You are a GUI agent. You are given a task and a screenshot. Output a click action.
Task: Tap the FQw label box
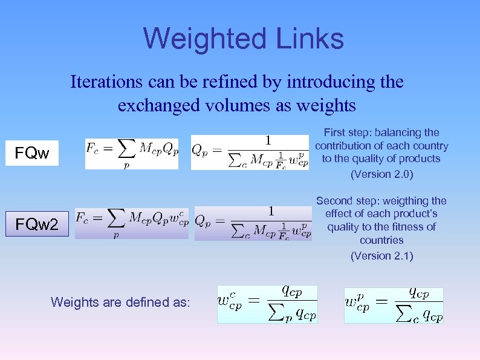(x=33, y=153)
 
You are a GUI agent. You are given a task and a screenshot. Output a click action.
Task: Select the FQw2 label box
(x=37, y=225)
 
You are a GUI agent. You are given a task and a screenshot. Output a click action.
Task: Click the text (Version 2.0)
(x=381, y=174)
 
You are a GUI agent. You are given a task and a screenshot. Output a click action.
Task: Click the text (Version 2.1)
(x=381, y=255)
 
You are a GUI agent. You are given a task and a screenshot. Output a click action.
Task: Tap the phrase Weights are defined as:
(x=120, y=301)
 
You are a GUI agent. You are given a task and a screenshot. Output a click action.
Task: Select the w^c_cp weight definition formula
(x=267, y=304)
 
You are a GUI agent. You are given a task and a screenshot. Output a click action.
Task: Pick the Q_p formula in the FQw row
(x=250, y=152)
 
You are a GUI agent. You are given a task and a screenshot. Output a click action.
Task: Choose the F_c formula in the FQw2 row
(x=132, y=223)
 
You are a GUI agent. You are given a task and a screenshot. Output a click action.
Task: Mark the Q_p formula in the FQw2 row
(x=253, y=223)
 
